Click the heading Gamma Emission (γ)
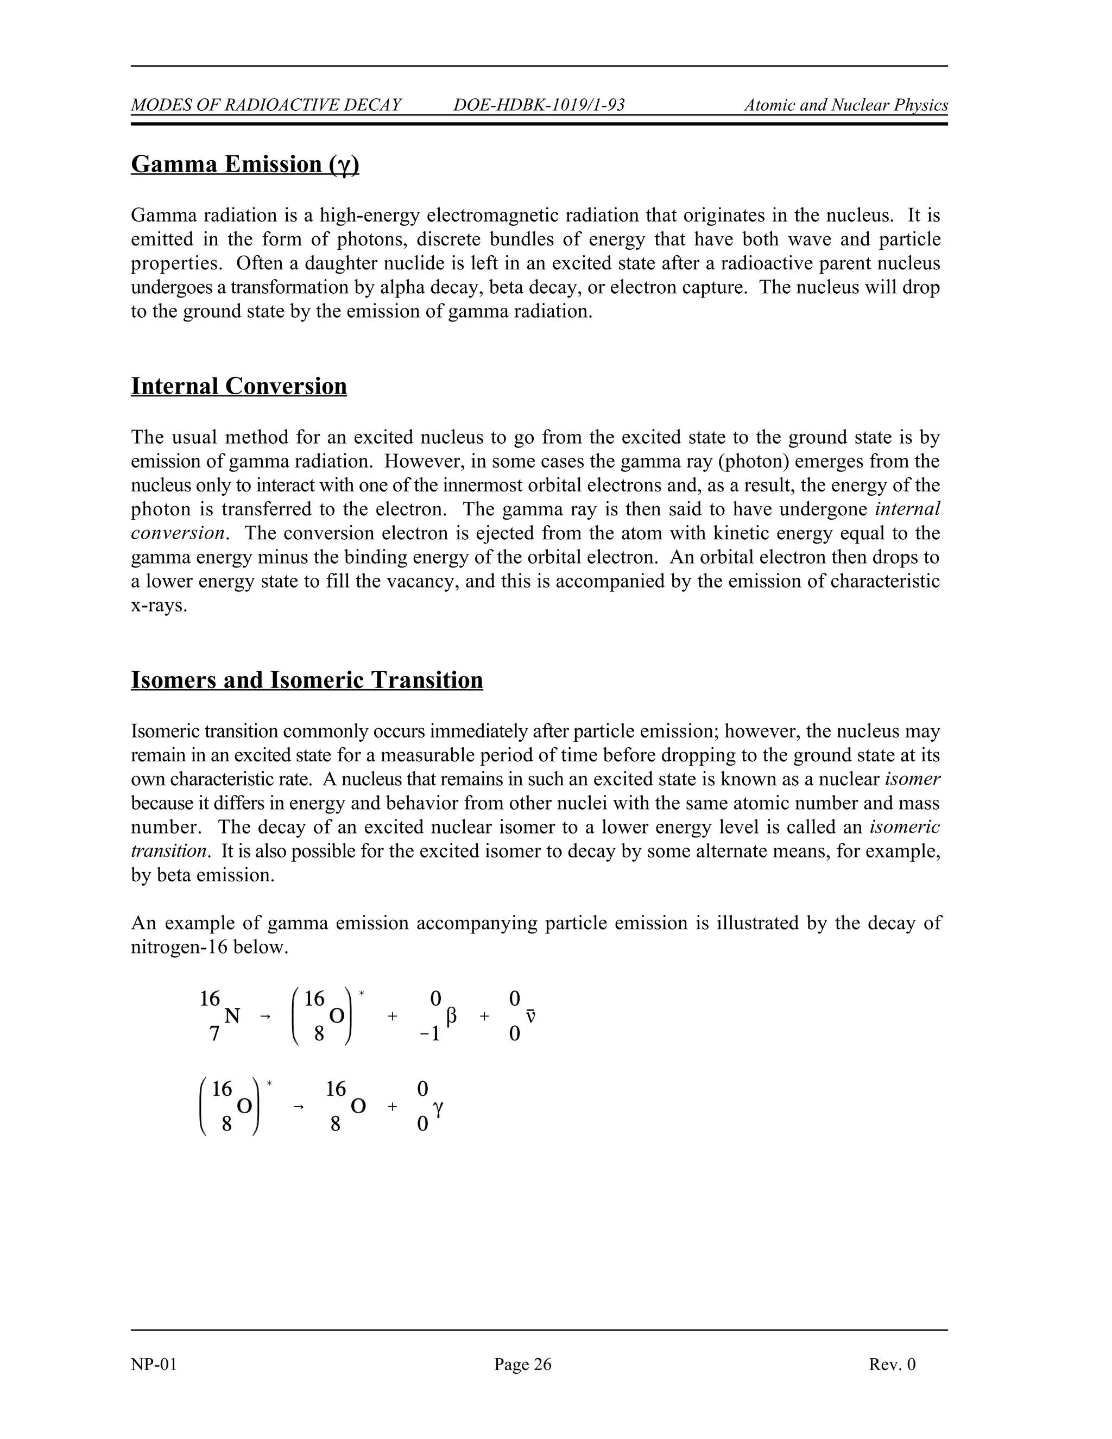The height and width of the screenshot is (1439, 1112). [x=245, y=164]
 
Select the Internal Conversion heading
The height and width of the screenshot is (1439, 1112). [x=238, y=386]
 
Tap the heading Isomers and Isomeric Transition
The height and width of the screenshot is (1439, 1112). [x=306, y=680]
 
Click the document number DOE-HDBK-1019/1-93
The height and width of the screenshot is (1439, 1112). [x=539, y=105]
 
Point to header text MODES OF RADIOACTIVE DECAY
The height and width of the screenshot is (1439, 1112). [x=266, y=105]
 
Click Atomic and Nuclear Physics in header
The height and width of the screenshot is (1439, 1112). [x=846, y=105]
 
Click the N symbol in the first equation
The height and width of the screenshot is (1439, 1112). [x=232, y=1017]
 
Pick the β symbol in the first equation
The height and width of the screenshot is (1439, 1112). [x=451, y=1017]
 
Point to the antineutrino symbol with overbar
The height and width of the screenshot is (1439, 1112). [x=530, y=1017]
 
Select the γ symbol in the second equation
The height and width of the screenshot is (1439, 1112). [x=439, y=1108]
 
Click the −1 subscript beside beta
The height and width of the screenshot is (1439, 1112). [x=430, y=1034]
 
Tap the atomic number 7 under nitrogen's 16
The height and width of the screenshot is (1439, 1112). [x=213, y=1034]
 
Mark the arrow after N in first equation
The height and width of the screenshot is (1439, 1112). [x=266, y=1017]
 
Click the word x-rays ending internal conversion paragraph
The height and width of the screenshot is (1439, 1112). [x=159, y=605]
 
